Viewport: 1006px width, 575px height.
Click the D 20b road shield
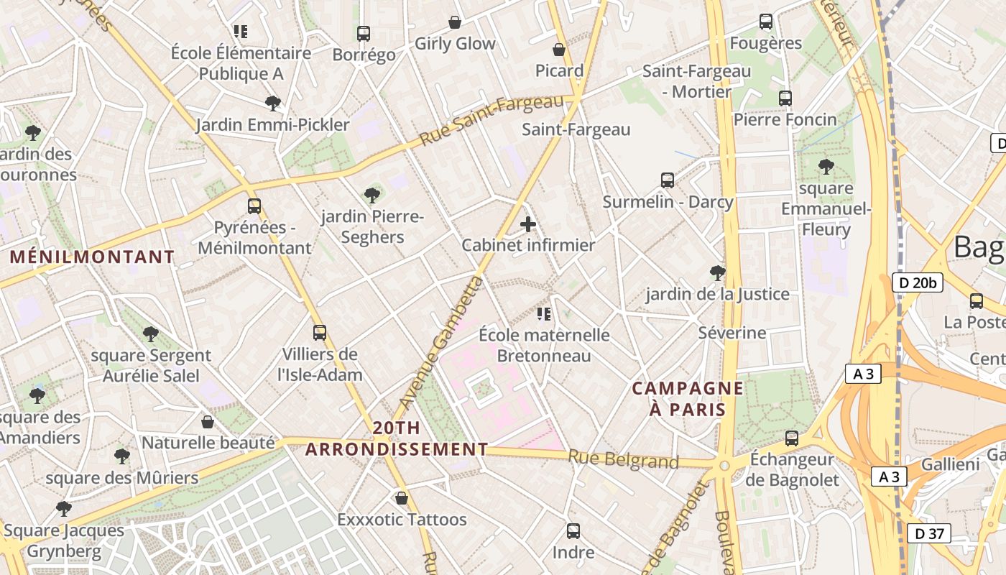(918, 282)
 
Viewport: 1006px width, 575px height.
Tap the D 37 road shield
(929, 533)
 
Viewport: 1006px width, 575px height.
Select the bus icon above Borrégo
(364, 33)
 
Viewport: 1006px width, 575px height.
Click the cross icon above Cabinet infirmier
(528, 224)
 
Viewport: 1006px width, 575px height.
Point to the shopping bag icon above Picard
(559, 50)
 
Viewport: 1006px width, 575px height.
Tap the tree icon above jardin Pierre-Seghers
(372, 195)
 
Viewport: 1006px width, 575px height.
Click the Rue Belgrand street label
(623, 459)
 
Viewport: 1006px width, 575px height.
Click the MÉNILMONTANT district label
(92, 257)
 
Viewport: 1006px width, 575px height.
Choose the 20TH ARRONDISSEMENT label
(397, 438)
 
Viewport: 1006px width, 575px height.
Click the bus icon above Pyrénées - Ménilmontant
(254, 206)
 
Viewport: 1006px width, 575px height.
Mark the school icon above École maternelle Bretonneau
(544, 313)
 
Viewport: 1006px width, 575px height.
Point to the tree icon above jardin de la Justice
(717, 272)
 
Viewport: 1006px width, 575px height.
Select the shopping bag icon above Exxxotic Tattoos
(402, 497)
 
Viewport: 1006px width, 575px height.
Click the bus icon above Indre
(573, 531)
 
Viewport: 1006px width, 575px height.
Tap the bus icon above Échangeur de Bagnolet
(792, 438)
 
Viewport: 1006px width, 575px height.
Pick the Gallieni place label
(950, 464)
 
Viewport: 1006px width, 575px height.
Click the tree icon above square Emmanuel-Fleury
(826, 167)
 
